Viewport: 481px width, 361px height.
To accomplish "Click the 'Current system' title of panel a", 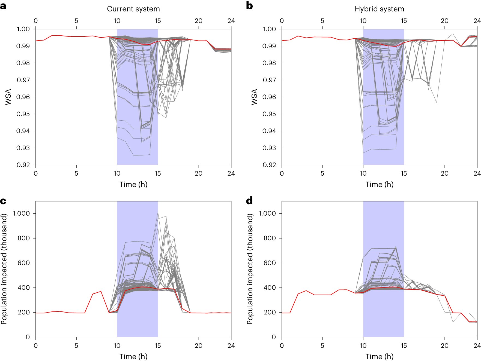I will [x=133, y=9].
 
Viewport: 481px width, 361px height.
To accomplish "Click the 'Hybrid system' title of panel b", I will [x=379, y=9].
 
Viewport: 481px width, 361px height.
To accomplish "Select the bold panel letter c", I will [x=3, y=201].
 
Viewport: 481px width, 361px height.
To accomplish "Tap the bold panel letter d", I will [x=249, y=201].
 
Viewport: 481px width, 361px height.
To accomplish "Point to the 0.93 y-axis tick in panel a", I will [x=23, y=148].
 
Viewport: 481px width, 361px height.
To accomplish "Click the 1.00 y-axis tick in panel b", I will [x=269, y=29].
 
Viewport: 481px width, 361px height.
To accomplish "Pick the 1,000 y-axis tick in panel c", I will [x=21, y=213].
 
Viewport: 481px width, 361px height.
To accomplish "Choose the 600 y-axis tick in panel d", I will [x=270, y=263].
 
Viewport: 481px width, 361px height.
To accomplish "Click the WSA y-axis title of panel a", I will [x=8, y=97].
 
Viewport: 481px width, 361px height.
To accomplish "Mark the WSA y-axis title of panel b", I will [x=254, y=97].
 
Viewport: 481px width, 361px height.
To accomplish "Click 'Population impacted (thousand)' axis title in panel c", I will [x=4, y=269].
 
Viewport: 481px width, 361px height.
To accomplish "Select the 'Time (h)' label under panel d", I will [x=379, y=356].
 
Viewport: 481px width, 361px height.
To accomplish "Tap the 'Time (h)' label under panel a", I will [x=133, y=184].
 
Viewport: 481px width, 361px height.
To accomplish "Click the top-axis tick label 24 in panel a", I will [x=231, y=21].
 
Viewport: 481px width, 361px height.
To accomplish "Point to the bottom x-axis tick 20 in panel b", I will [x=444, y=173].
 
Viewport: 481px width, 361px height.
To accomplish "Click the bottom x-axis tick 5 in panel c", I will [x=76, y=345].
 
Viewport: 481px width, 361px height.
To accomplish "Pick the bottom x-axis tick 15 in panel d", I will [x=404, y=345].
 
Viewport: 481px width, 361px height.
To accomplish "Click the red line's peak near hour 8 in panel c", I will [x=101, y=291].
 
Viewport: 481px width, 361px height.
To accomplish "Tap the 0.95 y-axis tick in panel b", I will [x=269, y=114].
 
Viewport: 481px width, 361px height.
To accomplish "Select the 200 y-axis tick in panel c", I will [x=24, y=312].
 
